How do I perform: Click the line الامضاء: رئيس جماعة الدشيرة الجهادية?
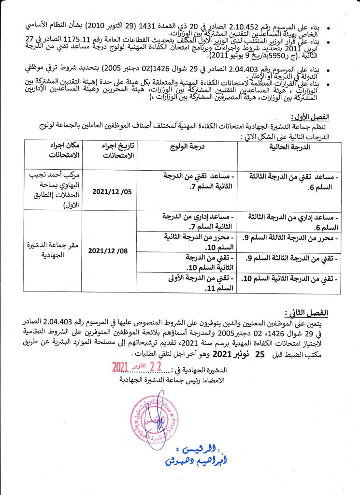[178, 379]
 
